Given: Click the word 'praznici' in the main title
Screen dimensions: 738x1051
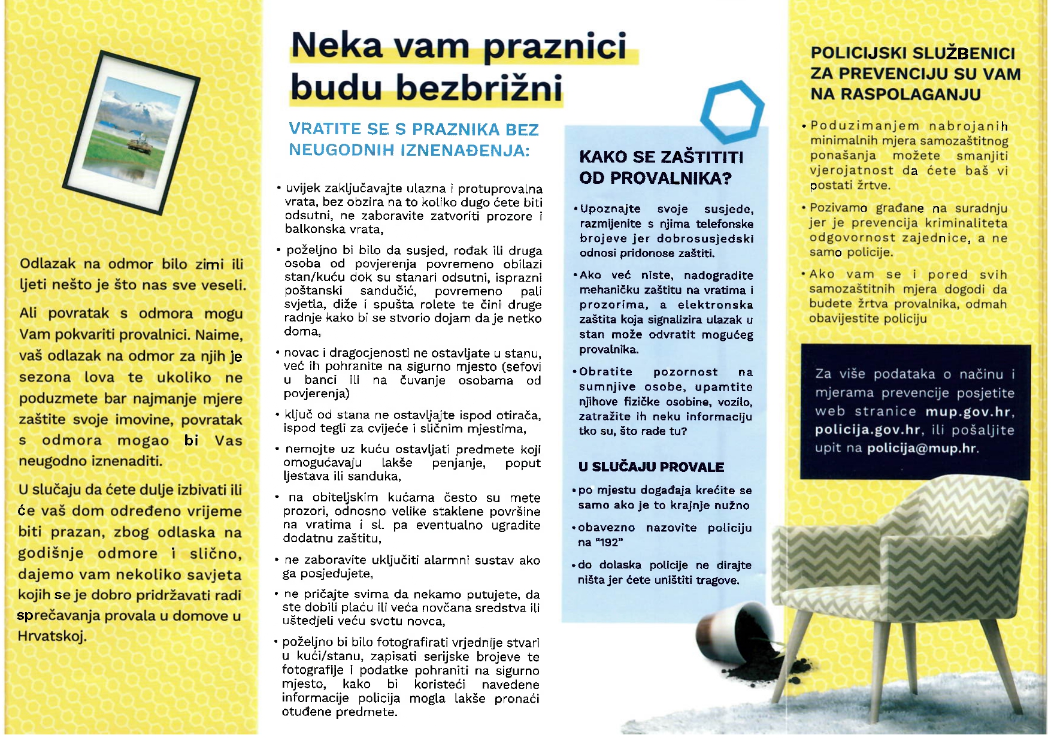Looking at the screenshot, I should tap(555, 47).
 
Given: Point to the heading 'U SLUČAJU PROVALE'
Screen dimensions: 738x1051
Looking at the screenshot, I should tap(652, 468).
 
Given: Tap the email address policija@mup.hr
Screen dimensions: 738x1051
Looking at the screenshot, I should tap(922, 449).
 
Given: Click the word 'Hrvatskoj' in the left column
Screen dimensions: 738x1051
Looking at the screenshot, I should tap(52, 637).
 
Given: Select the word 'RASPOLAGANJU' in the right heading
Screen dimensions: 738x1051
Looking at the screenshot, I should tap(895, 95).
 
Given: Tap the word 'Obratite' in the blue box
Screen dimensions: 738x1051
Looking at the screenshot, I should tap(605, 372).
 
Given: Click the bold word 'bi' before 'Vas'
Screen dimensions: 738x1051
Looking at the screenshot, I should tap(191, 441).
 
